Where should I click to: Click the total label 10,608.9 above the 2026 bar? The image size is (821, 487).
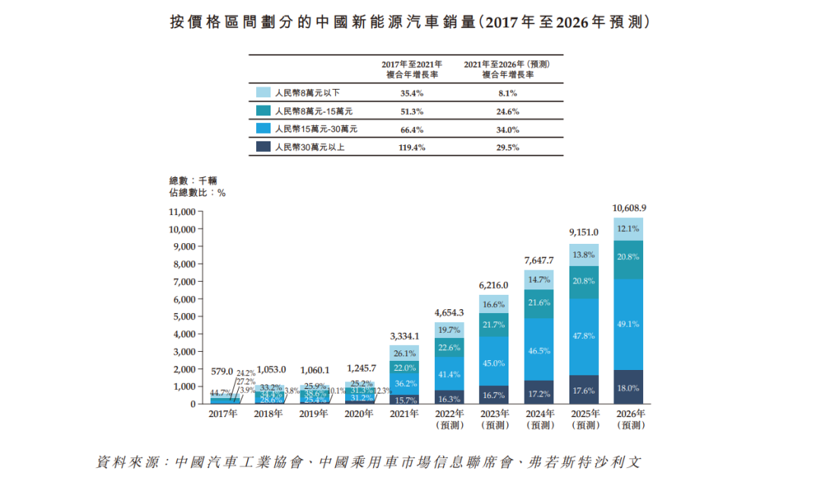coord(629,207)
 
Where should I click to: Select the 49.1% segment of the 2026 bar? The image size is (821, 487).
coord(629,324)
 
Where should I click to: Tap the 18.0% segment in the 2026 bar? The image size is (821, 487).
coord(629,387)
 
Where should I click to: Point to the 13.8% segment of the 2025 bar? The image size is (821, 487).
coord(584,255)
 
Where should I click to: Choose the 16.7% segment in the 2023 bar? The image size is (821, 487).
coord(493,395)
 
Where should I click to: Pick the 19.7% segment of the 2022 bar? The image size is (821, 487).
coord(449,330)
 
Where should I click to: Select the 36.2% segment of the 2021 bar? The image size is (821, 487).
coord(404,384)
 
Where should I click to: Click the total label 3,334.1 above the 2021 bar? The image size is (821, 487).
coord(404,335)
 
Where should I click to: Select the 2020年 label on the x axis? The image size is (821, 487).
coord(359,414)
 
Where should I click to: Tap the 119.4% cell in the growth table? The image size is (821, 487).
coord(411,147)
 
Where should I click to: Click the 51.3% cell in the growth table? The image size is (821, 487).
coord(411,111)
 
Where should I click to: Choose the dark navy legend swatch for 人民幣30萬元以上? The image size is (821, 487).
coord(263,147)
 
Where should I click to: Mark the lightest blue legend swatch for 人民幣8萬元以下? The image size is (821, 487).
coord(263,93)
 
